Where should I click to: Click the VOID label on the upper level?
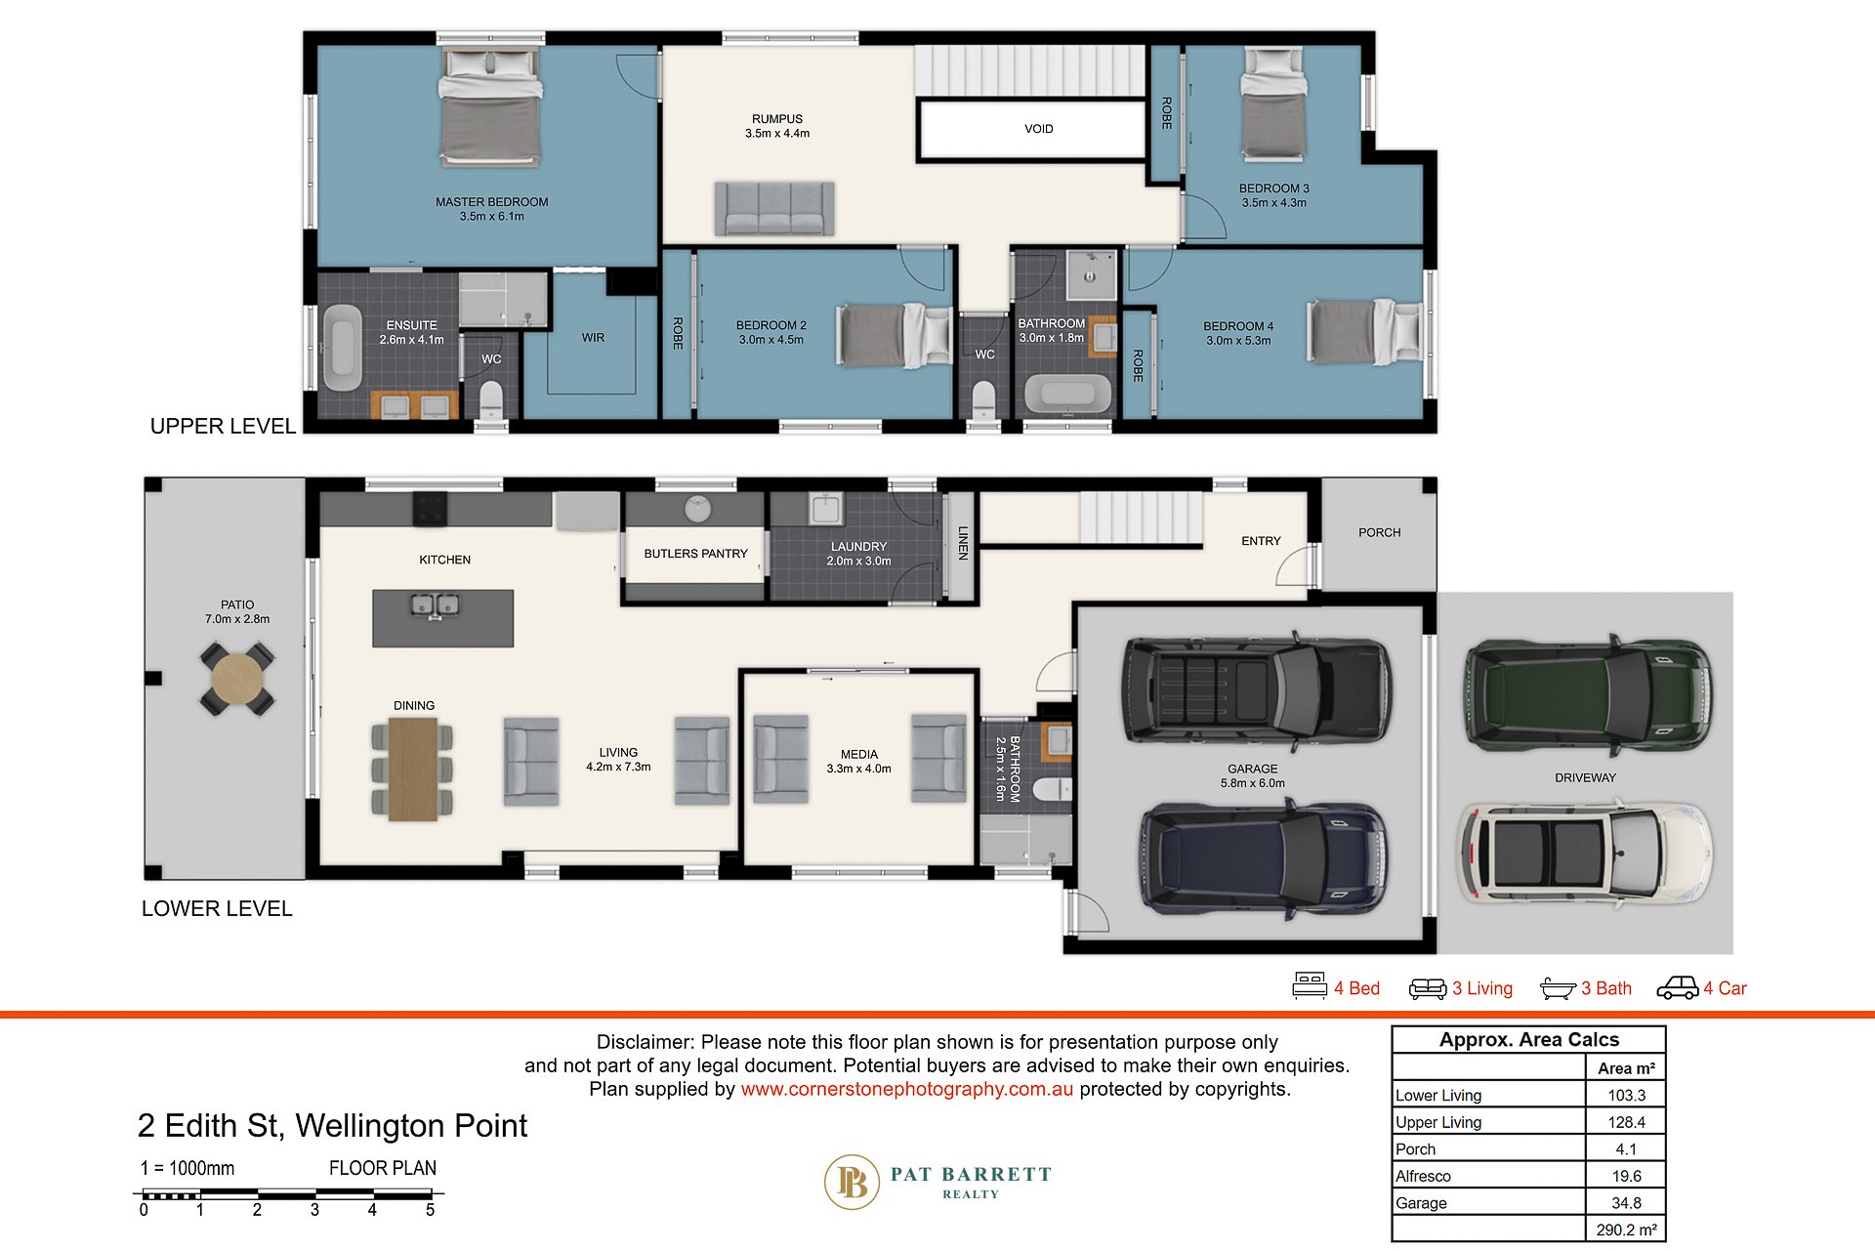pos(1038,129)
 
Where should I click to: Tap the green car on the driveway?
pos(1588,695)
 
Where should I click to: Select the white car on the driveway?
pos(1584,853)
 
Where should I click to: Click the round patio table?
pos(237,679)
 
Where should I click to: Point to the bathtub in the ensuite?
pos(342,348)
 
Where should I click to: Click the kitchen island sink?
pos(436,606)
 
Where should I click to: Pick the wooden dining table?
pos(413,769)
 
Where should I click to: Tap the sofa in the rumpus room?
pos(774,208)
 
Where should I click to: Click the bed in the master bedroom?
pos(489,106)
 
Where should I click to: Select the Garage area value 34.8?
pos(1626,1203)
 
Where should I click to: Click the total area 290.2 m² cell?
pos(1626,1230)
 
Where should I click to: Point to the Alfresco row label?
pos(1423,1176)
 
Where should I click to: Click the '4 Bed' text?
pos(1356,988)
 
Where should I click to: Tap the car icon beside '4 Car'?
pos(1678,988)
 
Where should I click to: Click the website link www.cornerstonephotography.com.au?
pos(906,1089)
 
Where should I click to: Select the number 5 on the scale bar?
pos(430,1210)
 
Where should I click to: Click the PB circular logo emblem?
pos(853,1183)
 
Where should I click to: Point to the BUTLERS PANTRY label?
pos(695,554)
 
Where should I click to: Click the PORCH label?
pos(1379,532)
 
